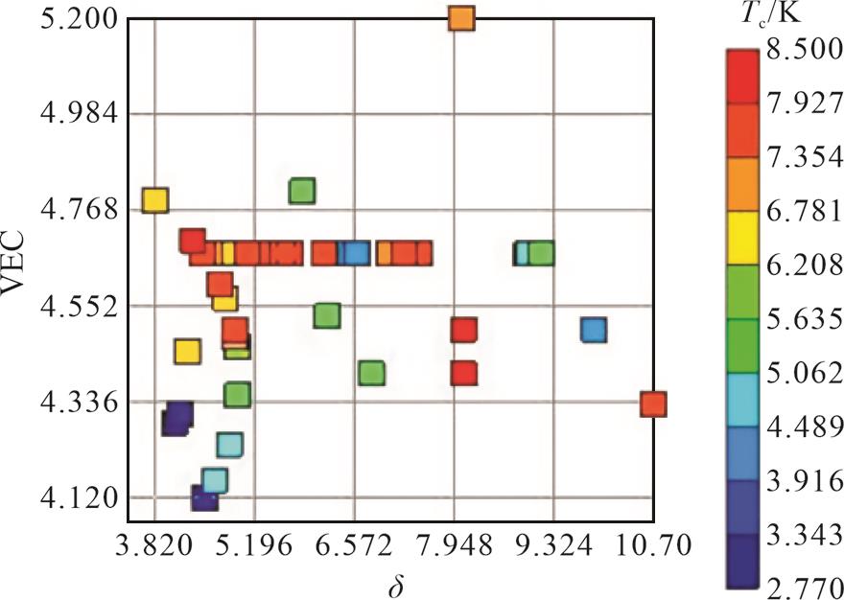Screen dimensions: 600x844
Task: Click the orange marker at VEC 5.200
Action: point(461,18)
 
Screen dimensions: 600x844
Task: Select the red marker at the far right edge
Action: point(652,404)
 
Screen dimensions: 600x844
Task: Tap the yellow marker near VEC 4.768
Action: point(154,199)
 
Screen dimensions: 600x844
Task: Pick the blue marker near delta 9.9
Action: point(594,330)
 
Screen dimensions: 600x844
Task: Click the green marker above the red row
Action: point(302,191)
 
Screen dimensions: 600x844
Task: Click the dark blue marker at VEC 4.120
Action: point(204,497)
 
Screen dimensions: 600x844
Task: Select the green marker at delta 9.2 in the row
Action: point(541,253)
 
